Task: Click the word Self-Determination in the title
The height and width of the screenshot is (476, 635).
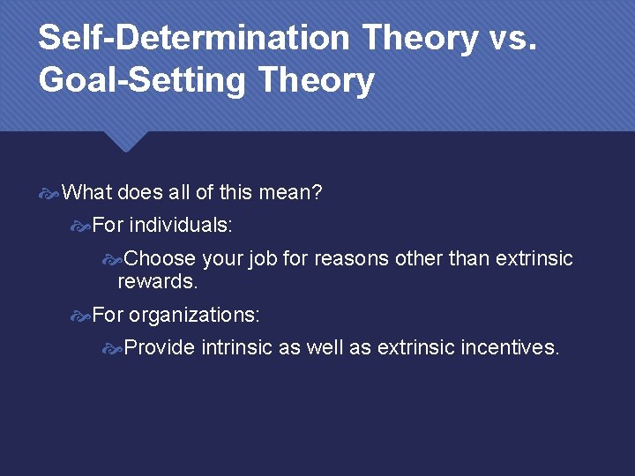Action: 194,38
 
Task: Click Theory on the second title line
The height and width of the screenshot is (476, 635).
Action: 317,80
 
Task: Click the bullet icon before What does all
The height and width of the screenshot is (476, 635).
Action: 50,192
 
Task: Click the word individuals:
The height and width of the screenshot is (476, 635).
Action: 181,225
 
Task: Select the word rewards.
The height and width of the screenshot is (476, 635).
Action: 158,281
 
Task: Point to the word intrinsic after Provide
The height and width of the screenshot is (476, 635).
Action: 236,347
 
